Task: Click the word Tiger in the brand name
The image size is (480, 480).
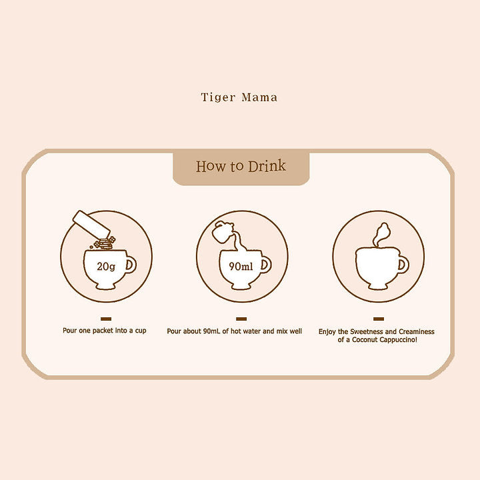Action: [x=218, y=97]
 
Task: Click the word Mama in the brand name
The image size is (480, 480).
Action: [x=259, y=97]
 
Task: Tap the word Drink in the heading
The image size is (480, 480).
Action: [x=267, y=166]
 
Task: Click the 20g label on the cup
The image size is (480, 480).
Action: [x=106, y=266]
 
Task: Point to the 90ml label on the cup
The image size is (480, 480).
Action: [x=241, y=266]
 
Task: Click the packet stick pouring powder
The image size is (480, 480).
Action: [x=91, y=225]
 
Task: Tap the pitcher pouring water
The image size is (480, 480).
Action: [x=223, y=232]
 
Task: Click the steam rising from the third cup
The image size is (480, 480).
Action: [x=381, y=235]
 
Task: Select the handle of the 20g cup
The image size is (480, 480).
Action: [x=131, y=265]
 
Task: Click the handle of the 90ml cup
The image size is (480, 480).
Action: [x=266, y=265]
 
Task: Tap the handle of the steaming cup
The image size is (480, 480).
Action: [x=403, y=265]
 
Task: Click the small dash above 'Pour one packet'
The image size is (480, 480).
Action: [x=106, y=319]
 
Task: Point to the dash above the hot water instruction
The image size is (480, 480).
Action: [x=241, y=319]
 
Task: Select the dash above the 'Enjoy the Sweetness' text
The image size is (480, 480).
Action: [x=379, y=319]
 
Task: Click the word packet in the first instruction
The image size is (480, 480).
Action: [x=103, y=331]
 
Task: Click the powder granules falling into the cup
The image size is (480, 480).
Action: [x=103, y=243]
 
